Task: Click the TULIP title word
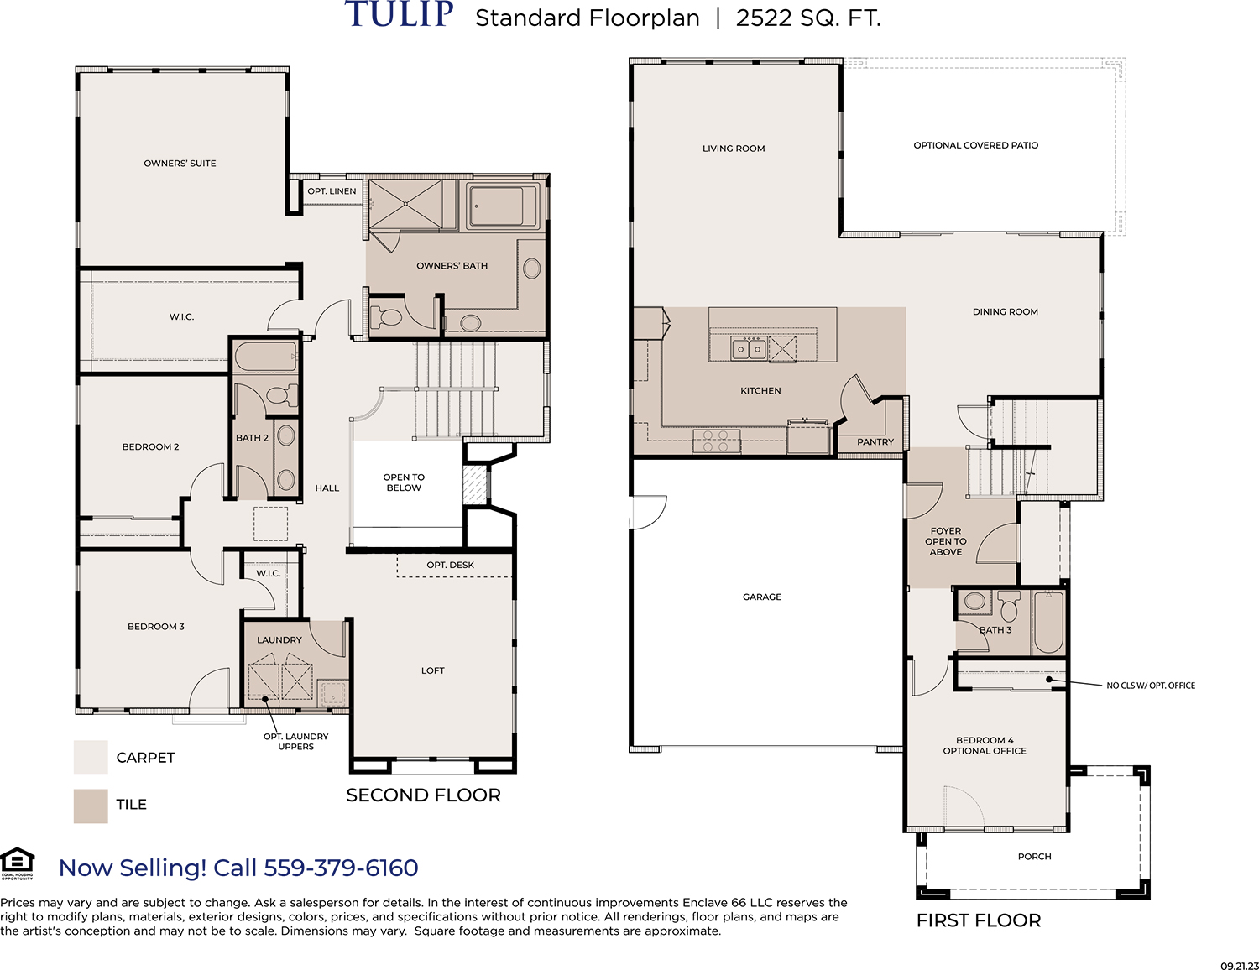[399, 14]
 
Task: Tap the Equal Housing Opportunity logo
[18, 864]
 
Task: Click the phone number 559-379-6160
[341, 868]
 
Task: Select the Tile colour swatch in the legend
[91, 806]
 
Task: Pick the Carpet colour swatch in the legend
[91, 758]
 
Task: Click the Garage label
[762, 597]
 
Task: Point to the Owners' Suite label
[180, 164]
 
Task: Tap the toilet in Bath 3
[1009, 607]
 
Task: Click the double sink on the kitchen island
[750, 348]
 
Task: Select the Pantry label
[875, 442]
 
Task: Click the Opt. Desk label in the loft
[450, 565]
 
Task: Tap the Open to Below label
[404, 482]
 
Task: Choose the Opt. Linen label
[332, 191]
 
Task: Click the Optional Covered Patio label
[975, 145]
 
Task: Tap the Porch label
[1034, 857]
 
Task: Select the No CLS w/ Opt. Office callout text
[1151, 686]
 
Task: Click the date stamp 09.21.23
[1240, 966]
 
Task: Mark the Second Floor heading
[424, 795]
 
